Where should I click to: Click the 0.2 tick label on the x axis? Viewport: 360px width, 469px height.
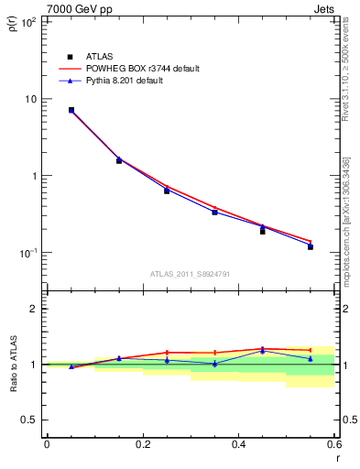(142, 444)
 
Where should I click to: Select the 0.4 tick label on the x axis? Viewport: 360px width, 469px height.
(238, 444)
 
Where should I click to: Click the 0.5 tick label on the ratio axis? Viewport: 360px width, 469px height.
(30, 420)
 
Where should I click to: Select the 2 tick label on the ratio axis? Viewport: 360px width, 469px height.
(35, 309)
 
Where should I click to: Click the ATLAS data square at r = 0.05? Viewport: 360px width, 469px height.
(71, 110)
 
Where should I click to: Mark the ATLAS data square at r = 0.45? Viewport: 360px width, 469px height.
(262, 232)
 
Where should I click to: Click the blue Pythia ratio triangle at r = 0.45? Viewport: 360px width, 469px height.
(262, 351)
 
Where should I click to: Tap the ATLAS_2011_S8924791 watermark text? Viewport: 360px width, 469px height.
(190, 274)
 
